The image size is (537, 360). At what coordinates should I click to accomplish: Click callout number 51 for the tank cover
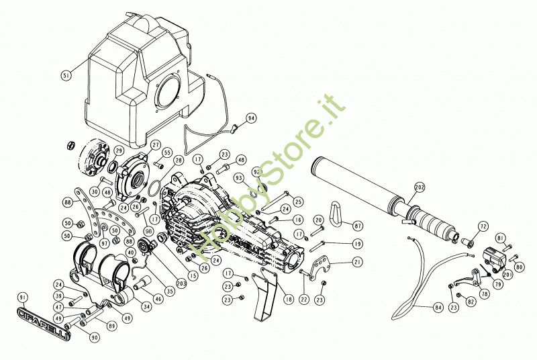click(x=66, y=76)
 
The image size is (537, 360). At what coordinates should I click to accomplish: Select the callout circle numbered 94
click(x=251, y=118)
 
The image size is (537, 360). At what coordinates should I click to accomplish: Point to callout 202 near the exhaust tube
click(x=420, y=187)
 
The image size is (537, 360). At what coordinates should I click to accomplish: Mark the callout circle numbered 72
click(x=483, y=226)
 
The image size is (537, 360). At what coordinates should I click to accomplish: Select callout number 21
click(x=357, y=261)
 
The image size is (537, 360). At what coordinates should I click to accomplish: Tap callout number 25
click(x=298, y=201)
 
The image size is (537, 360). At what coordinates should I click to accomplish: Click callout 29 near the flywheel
click(x=119, y=150)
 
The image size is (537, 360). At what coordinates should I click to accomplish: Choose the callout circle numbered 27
click(x=155, y=144)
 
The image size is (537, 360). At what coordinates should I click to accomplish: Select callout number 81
click(x=500, y=238)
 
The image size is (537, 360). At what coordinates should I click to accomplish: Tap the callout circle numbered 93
click(x=238, y=177)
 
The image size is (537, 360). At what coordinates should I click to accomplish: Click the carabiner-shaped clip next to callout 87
click(x=341, y=216)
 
